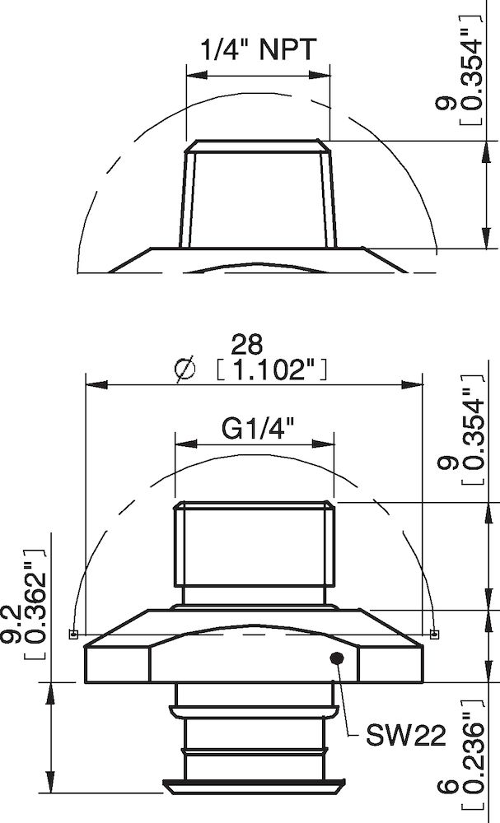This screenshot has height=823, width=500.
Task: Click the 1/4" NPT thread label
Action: (x=257, y=51)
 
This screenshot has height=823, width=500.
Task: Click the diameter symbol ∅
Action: (x=186, y=370)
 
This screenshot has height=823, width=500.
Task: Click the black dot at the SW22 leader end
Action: (x=336, y=657)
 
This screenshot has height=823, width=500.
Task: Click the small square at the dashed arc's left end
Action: (x=72, y=634)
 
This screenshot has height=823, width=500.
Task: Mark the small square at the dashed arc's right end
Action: (x=434, y=633)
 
